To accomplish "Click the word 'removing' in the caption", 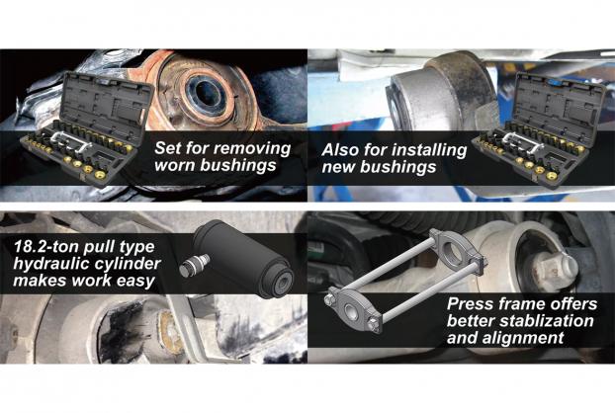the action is click(x=252, y=148).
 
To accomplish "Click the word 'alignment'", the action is click(x=523, y=338).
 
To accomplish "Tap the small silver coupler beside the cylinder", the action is click(x=194, y=265).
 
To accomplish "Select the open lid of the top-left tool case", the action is click(x=107, y=102).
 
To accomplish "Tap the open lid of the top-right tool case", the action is click(x=559, y=103).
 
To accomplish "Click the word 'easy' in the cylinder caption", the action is click(x=135, y=281).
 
